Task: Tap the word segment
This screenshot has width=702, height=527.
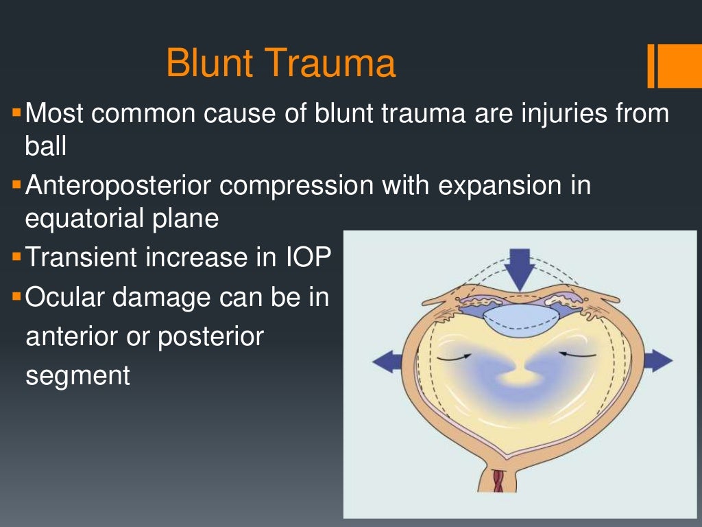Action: click(77, 375)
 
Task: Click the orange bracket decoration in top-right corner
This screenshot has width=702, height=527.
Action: click(663, 66)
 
